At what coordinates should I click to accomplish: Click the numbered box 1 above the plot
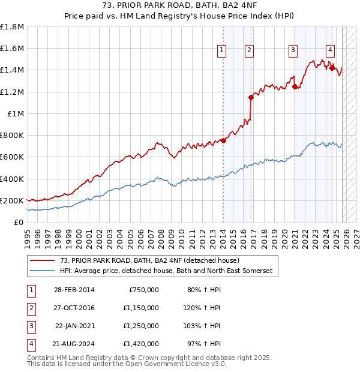pos(222,51)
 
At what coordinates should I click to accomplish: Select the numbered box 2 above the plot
pos(248,51)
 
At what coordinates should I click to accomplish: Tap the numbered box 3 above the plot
pos(293,51)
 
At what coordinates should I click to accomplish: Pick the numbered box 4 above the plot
pos(331,51)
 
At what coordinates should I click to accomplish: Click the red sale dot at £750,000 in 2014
pos(223,140)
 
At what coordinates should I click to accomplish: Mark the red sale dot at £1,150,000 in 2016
pos(251,97)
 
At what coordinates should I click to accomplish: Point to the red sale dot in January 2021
pos(295,86)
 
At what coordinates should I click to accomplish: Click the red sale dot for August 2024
pos(332,68)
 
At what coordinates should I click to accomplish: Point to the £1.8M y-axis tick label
pos(12,27)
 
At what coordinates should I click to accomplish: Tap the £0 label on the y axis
pos(19,223)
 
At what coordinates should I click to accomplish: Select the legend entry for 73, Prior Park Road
pos(149,260)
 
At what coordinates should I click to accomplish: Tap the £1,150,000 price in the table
pos(143,308)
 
